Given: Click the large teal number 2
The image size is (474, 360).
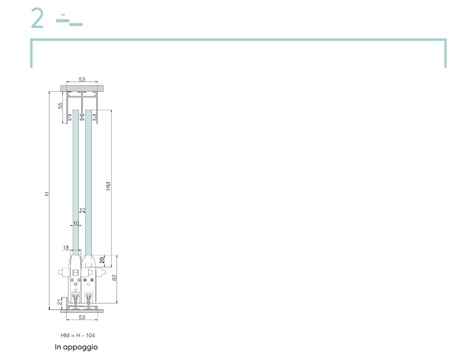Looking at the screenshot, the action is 37,18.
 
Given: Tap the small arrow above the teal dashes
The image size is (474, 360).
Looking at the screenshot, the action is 63,15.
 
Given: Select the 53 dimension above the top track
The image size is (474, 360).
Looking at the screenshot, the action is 82,80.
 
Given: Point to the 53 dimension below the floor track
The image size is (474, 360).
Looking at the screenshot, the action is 82,317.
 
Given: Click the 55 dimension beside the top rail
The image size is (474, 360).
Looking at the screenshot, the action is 61,106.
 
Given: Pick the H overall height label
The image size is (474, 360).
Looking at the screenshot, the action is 46,194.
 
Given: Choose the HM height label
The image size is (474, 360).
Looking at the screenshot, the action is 108,186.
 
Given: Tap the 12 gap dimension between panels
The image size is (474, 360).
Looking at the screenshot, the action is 82,210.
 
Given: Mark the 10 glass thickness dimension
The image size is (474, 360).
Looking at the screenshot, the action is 76,223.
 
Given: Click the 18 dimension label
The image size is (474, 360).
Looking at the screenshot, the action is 66,248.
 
